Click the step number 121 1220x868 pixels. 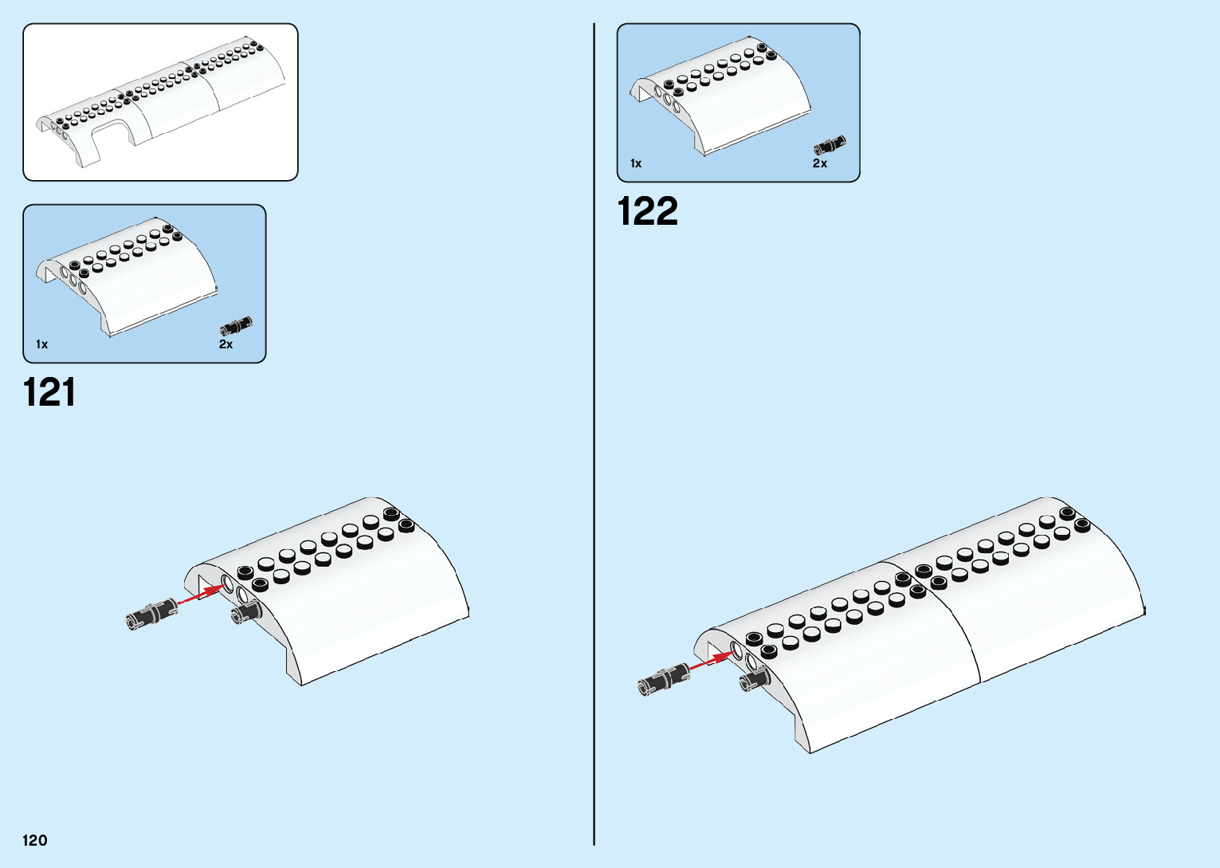click(x=49, y=393)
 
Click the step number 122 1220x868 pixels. click(x=647, y=212)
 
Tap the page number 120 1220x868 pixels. click(x=35, y=840)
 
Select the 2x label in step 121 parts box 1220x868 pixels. click(x=226, y=344)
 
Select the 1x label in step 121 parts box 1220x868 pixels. click(x=42, y=344)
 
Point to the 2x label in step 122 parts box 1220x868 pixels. click(x=820, y=163)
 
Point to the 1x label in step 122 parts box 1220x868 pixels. click(x=636, y=163)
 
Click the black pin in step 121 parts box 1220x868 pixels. click(x=237, y=325)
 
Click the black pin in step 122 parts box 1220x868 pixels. click(x=830, y=145)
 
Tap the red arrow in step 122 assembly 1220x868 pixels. click(x=710, y=661)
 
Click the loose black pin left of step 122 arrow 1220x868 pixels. click(x=662, y=678)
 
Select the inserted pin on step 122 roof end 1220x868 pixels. click(x=753, y=679)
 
